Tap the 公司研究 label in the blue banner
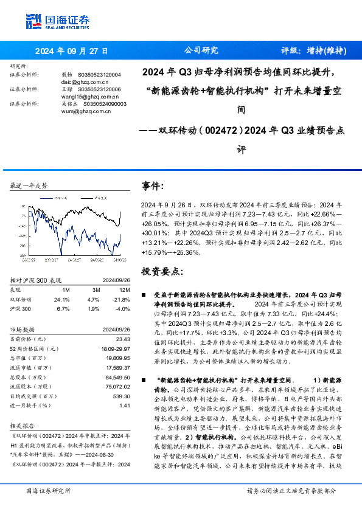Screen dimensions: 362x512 click(201, 51)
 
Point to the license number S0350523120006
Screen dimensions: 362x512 click(101, 89)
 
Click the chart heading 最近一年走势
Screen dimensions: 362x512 click(29, 185)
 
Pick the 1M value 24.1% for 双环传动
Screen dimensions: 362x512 click(61, 300)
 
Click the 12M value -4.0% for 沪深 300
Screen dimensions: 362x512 click(123, 309)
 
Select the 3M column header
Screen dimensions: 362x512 click(94, 290)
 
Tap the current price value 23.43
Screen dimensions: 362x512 click(123, 339)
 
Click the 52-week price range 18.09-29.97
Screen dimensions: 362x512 click(116, 349)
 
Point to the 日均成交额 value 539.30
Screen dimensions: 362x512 click(122, 396)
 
